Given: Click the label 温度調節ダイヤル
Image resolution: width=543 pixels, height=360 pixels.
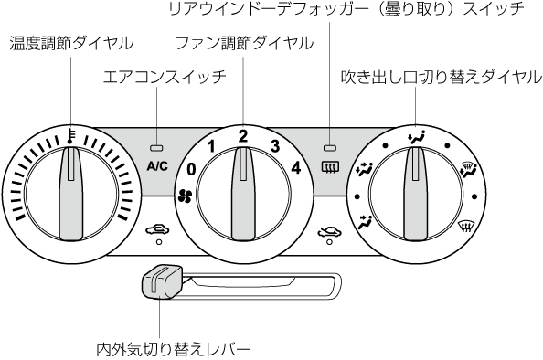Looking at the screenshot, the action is tap(71, 44).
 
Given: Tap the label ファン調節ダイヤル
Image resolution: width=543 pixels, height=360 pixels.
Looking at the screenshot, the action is tap(244, 44).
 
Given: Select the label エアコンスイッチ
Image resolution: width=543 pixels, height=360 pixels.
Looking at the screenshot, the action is tap(165, 77).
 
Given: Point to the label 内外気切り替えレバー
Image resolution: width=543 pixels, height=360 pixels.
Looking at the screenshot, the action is tap(173, 349).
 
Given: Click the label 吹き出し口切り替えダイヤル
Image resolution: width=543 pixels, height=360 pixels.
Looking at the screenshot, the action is tap(442, 77).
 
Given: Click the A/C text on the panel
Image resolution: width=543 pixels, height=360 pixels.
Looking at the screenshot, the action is tap(157, 166).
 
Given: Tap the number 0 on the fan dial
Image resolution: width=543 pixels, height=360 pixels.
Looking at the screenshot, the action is tap(191, 170).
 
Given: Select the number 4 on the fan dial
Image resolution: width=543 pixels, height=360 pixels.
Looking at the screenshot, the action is tap(295, 168).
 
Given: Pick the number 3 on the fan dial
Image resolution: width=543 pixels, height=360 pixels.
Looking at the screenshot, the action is tap(274, 146).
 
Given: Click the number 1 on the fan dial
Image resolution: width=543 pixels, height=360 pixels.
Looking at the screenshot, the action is tap(211, 147).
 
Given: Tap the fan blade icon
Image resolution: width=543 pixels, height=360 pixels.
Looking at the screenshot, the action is tap(185, 196).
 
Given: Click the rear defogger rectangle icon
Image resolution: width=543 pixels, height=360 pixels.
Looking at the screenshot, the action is tap(330, 167).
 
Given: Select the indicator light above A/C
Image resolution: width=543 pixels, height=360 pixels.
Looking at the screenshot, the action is tap(156, 148).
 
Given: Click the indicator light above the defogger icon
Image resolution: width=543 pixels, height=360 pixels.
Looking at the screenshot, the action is tap(330, 148).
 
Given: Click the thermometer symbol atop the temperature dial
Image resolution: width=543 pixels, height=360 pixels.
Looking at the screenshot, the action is tap(71, 134).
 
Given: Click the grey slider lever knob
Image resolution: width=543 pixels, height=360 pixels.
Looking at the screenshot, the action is tap(162, 281).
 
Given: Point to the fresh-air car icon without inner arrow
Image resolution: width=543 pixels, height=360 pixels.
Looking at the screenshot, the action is tap(330, 230).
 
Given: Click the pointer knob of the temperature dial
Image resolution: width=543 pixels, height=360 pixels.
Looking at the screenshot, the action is tap(70, 193).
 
